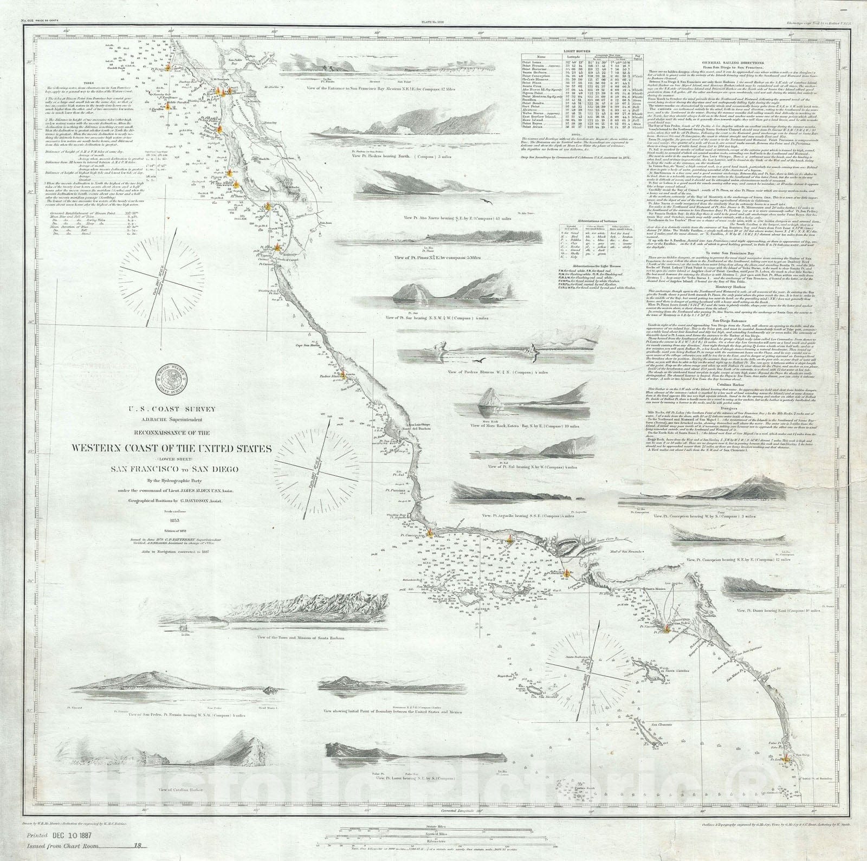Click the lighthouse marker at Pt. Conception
(429, 533)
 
